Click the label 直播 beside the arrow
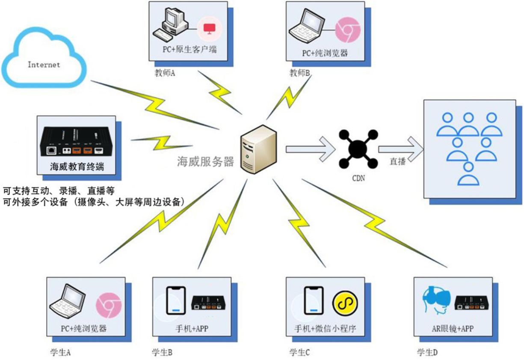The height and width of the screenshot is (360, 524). [x=397, y=162]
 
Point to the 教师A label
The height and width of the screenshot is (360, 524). [x=165, y=73]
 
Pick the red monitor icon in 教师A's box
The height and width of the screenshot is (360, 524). [x=209, y=28]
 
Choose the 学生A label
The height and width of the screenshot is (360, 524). [x=60, y=353]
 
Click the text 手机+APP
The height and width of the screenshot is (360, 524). [x=192, y=329]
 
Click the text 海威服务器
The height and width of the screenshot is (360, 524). [x=206, y=161]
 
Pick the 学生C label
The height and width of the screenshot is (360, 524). [x=299, y=353]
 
